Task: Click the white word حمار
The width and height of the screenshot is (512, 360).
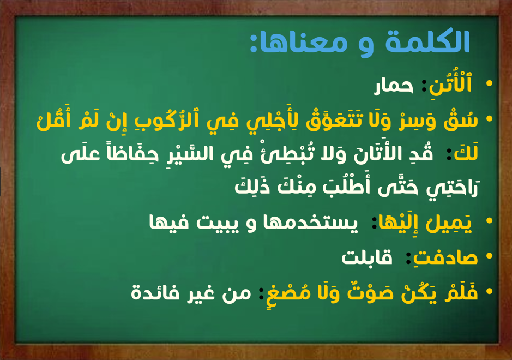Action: pos(394,87)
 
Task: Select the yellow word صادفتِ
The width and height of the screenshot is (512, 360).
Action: pos(445,257)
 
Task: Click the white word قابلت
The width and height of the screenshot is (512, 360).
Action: pos(367,257)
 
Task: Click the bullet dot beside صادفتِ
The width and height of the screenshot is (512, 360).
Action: pos(489,256)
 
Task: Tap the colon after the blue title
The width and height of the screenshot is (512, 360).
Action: pos(254,44)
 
